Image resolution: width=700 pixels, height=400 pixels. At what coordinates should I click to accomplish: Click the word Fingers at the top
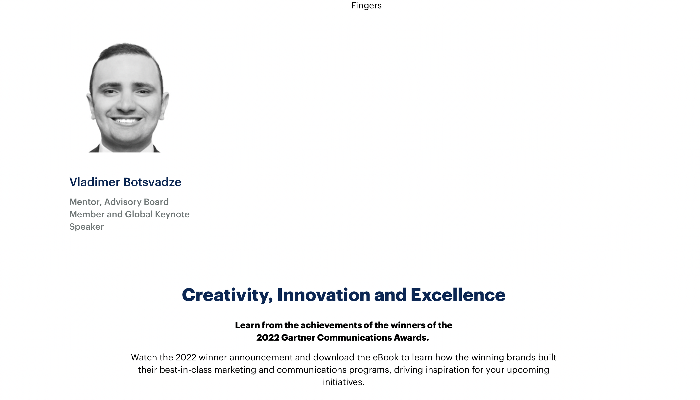366,6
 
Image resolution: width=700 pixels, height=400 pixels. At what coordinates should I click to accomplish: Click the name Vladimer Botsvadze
125,182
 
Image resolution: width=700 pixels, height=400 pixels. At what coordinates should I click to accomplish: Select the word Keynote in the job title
172,214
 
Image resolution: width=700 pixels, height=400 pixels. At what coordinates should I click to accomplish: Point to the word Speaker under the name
87,227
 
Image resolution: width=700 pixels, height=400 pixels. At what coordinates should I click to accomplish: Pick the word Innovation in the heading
323,295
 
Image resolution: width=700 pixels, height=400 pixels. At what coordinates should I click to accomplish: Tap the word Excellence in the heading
458,295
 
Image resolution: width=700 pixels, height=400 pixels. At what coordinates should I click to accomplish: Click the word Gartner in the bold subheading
298,338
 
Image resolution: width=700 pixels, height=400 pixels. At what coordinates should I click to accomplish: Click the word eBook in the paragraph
385,357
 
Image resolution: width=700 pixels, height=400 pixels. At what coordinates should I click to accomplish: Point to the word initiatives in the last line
343,382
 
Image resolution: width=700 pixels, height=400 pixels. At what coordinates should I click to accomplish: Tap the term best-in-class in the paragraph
186,370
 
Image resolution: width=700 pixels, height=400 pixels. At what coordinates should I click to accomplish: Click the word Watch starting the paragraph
144,357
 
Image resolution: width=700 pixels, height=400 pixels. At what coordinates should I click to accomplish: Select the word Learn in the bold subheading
247,325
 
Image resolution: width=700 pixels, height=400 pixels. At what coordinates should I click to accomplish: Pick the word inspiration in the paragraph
447,370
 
